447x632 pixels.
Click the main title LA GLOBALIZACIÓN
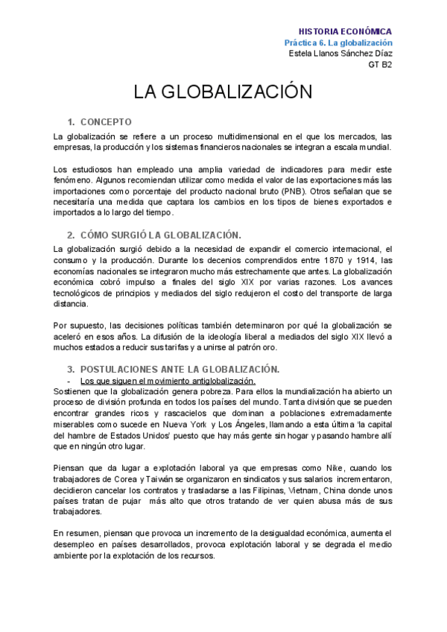click(221, 92)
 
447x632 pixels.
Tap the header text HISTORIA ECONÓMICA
click(345, 32)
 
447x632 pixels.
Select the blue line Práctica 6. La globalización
click(338, 42)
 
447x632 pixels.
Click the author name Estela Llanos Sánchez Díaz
click(340, 54)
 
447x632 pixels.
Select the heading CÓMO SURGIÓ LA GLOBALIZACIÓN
click(160, 235)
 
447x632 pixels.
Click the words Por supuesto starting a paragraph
click(78, 325)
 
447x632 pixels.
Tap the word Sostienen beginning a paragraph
click(76, 391)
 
